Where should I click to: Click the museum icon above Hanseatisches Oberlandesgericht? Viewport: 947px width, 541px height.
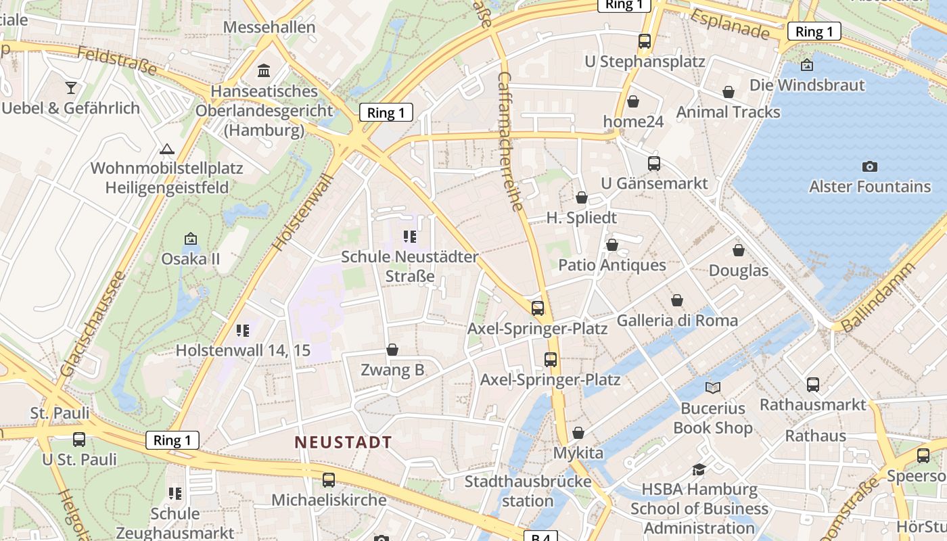pyautogui.click(x=264, y=70)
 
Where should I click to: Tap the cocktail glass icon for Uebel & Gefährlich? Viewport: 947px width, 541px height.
pyautogui.click(x=70, y=87)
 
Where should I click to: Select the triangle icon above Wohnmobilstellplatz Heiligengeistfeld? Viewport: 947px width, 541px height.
pyautogui.click(x=166, y=149)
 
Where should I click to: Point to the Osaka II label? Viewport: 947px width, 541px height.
pyautogui.click(x=190, y=259)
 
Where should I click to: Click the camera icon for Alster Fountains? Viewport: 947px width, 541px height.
pyautogui.click(x=870, y=166)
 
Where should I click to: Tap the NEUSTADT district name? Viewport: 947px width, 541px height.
pyautogui.click(x=343, y=442)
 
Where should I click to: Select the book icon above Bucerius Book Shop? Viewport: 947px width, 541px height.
pyautogui.click(x=713, y=387)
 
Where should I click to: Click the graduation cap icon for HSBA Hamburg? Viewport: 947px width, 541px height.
pyautogui.click(x=699, y=469)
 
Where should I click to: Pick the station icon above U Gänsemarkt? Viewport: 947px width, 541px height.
pyautogui.click(x=654, y=163)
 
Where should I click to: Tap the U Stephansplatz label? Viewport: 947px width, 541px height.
pyautogui.click(x=645, y=62)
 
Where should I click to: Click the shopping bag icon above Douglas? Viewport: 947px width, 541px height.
pyautogui.click(x=739, y=250)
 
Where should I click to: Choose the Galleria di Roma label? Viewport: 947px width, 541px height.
pyautogui.click(x=677, y=320)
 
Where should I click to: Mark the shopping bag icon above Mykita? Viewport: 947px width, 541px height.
pyautogui.click(x=578, y=433)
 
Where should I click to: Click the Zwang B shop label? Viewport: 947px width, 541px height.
pyautogui.click(x=392, y=370)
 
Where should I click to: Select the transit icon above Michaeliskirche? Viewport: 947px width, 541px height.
pyautogui.click(x=329, y=479)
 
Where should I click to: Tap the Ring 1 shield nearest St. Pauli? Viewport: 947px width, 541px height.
pyautogui.click(x=172, y=440)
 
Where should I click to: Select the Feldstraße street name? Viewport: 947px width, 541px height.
pyautogui.click(x=116, y=61)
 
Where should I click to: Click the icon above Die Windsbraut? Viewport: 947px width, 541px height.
pyautogui.click(x=806, y=65)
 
